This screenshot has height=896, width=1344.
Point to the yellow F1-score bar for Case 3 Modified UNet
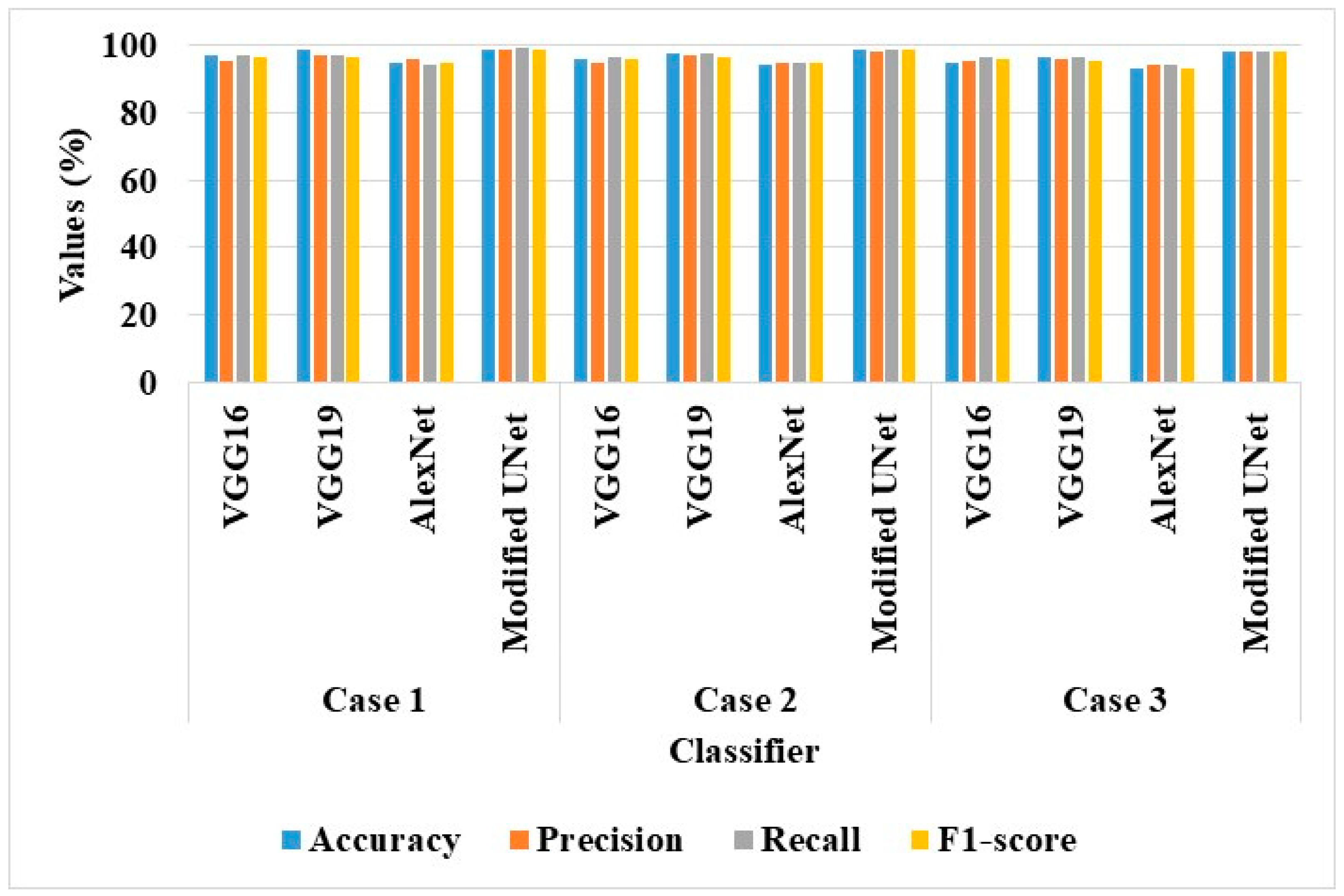1279,217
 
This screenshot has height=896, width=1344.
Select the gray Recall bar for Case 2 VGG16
614,220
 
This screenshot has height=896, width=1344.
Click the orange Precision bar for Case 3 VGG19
1061,220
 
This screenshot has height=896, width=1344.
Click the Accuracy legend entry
372,839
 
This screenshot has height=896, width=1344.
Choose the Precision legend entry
597,839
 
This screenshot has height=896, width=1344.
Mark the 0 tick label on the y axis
148,383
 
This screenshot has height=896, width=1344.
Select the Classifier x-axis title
744,751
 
